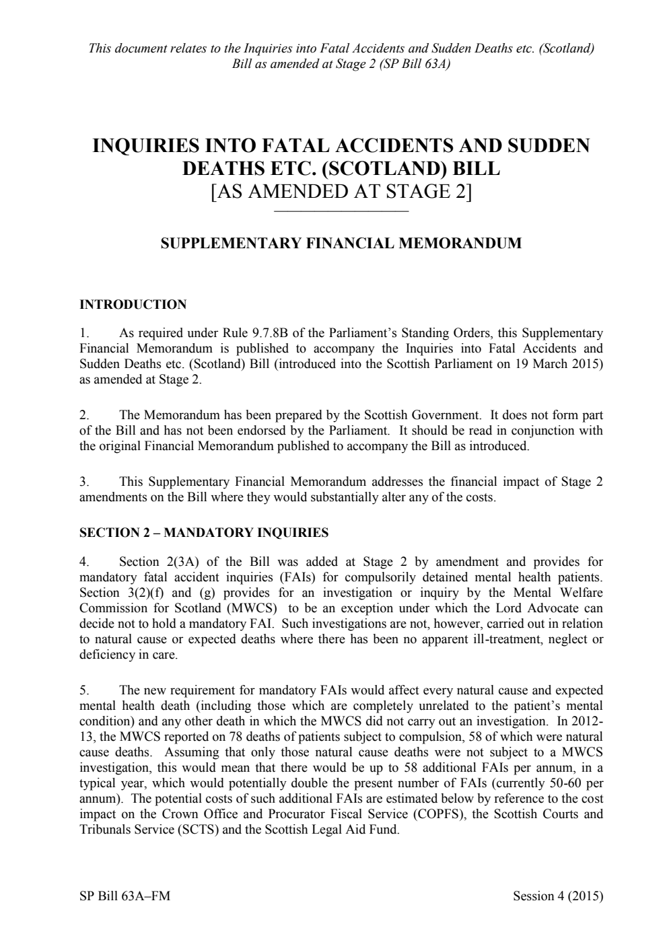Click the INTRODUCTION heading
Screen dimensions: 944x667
pos(133,305)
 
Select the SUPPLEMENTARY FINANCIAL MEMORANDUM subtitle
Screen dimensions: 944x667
pos(341,244)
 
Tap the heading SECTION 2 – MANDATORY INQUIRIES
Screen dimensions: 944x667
pos(204,533)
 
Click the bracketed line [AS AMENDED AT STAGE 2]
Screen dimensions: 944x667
pos(341,192)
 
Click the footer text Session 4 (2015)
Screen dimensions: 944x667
pos(557,896)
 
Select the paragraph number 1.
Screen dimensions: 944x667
pos(83,333)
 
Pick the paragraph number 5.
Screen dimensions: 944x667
pos(83,690)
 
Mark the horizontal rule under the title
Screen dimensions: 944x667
pos(341,213)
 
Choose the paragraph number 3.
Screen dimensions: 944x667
pos(83,482)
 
